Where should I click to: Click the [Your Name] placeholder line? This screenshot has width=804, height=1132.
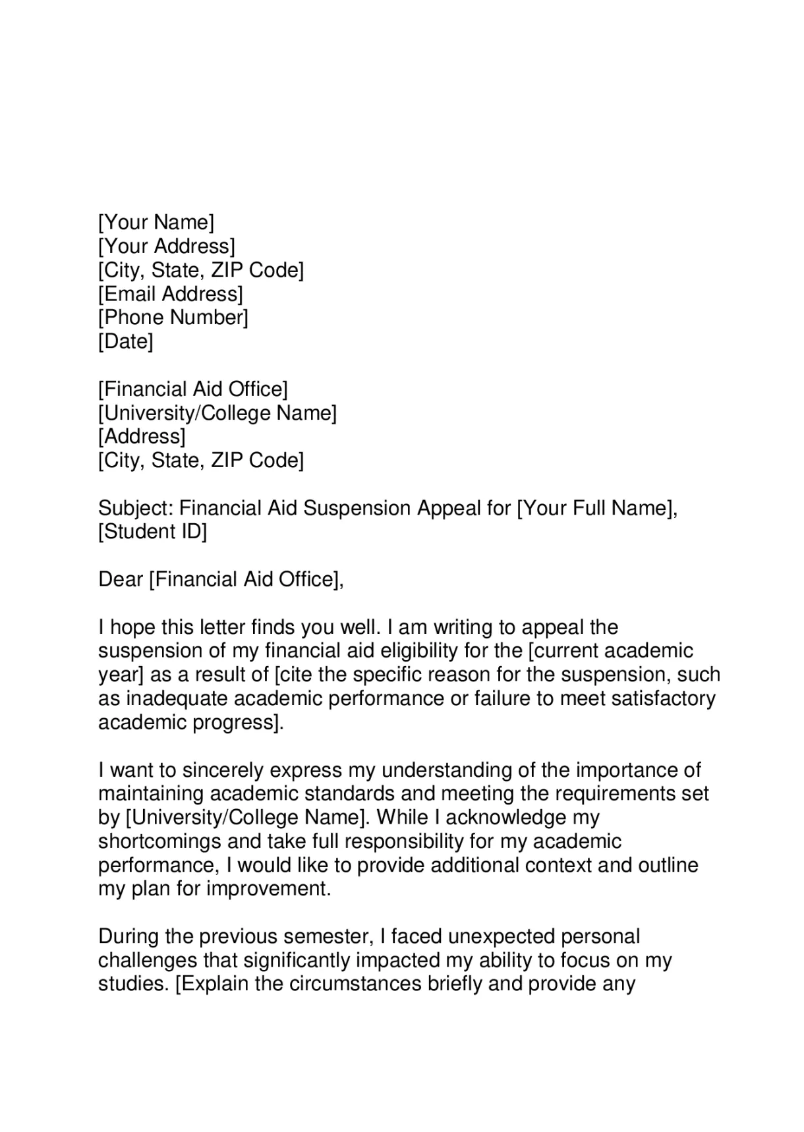pos(156,223)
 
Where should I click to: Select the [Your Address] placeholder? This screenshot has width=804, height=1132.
pos(166,246)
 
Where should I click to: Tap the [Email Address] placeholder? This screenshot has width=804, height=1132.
pos(170,294)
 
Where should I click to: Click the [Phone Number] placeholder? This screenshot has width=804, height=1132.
pos(173,318)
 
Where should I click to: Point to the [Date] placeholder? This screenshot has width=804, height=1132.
pos(125,341)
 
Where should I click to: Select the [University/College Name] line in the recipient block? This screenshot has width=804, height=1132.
pos(217,413)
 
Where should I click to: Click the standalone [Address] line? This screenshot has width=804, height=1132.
pos(142,437)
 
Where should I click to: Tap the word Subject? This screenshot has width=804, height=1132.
pos(135,508)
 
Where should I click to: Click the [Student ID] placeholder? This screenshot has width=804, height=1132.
pos(152,532)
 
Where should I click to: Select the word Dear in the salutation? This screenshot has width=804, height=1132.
pos(121,579)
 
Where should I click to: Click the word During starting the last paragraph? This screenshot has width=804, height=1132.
pos(130,936)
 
